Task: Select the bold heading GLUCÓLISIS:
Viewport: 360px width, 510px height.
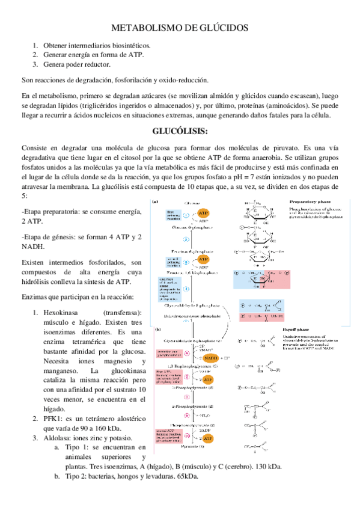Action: tap(180, 132)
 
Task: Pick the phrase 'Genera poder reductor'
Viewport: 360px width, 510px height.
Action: tap(76, 64)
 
